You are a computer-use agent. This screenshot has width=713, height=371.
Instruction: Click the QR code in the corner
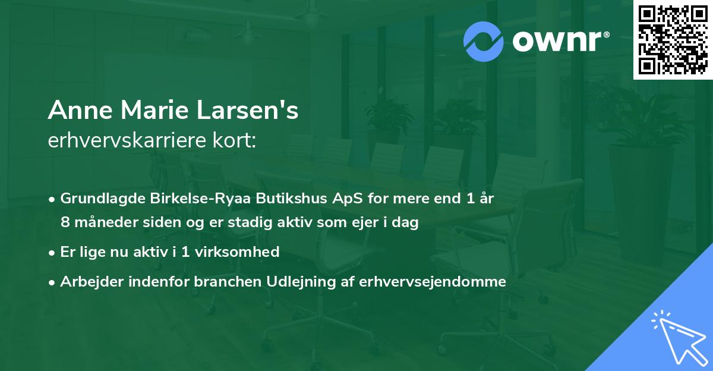click(673, 39)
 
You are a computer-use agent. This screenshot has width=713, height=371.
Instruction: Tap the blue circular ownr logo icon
click(484, 42)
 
